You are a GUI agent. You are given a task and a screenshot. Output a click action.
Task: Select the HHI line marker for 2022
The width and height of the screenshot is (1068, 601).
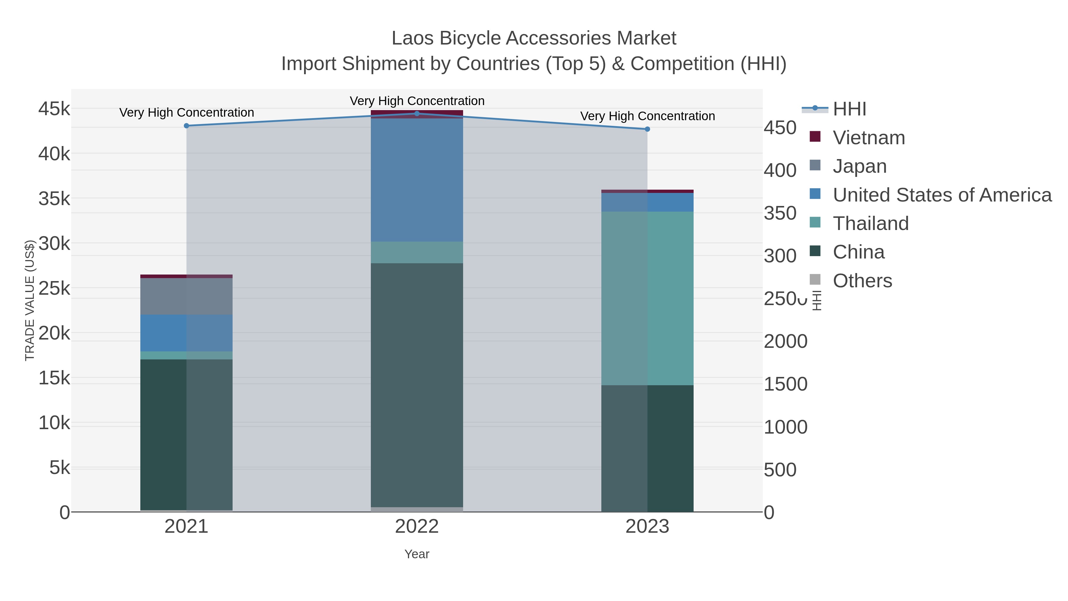[x=417, y=114]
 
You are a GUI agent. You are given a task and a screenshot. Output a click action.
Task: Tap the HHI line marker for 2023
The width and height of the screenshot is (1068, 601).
[x=647, y=129]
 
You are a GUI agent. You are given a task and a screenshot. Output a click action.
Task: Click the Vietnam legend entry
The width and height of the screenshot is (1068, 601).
[x=869, y=138]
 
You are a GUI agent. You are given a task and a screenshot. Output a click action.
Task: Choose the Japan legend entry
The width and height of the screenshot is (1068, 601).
[x=859, y=166]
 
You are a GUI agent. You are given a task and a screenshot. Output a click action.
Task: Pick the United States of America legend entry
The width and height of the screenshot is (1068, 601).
[x=942, y=195]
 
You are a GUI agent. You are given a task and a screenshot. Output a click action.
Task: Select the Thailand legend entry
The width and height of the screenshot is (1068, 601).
[x=871, y=223]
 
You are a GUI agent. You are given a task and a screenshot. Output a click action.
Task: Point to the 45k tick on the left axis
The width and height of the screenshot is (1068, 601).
[x=54, y=109]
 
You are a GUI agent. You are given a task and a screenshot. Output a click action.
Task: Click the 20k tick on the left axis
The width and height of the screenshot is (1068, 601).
[x=54, y=333]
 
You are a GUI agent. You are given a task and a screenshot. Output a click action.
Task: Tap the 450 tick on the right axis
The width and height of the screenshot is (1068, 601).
[x=780, y=128]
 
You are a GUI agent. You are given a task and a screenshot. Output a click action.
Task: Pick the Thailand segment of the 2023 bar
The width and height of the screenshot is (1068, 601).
[x=647, y=299]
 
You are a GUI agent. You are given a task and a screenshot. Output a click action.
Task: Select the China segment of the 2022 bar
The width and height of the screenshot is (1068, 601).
[x=417, y=385]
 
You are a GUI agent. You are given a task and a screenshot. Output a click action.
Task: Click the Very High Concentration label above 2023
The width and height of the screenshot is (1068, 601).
[x=647, y=116]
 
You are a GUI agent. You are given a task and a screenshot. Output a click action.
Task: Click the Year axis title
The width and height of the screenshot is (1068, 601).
[x=417, y=554]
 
